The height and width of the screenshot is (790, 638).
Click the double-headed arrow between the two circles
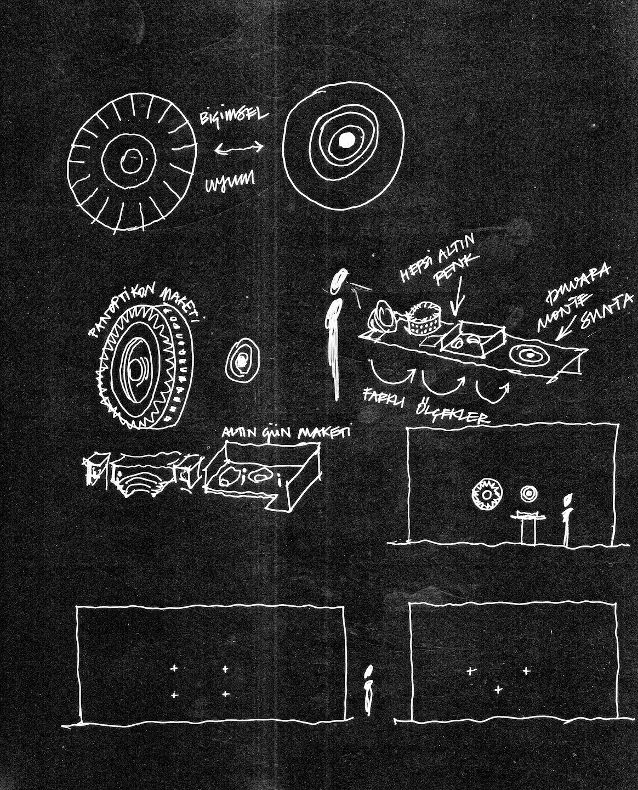[x=238, y=147]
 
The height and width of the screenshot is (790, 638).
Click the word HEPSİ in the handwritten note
[x=413, y=264]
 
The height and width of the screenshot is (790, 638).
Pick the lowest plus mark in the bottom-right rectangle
[x=498, y=689]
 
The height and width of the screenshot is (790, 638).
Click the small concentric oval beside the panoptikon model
[x=241, y=360]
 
